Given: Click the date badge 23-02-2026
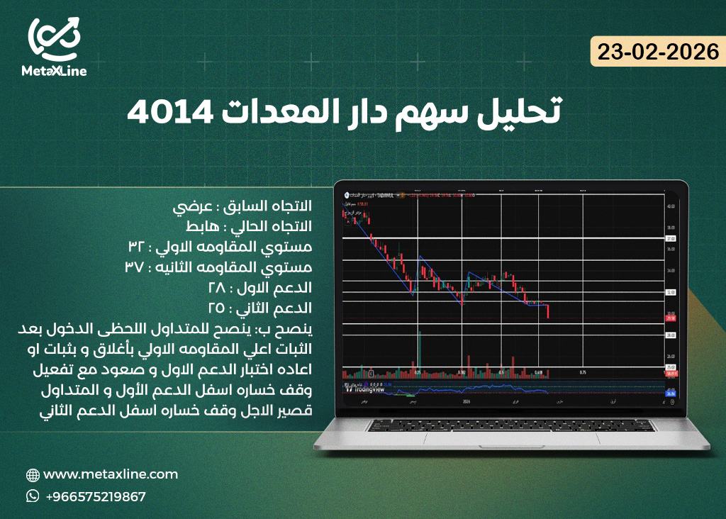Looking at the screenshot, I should (657, 52).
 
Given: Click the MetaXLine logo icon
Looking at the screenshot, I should (54, 39).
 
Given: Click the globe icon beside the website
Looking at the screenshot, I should (33, 475).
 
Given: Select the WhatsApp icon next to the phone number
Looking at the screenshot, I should (33, 496).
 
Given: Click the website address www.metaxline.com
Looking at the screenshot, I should (111, 474).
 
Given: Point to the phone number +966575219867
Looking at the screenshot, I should (96, 496).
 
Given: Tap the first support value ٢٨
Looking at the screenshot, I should (216, 288).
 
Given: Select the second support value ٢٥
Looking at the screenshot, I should (216, 308).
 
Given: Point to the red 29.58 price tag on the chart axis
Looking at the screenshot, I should (671, 318).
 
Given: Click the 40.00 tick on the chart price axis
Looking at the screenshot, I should (671, 206).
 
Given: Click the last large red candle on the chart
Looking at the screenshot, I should (549, 311).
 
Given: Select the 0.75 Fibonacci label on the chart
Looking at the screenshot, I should (583, 372).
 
